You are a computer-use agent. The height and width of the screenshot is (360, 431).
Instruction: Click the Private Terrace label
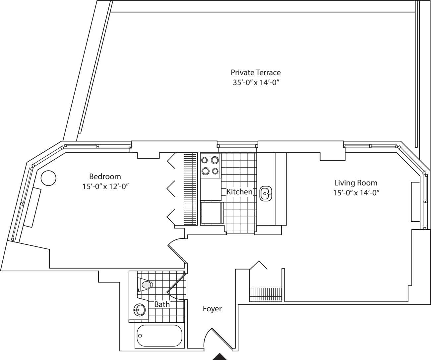pos(256,72)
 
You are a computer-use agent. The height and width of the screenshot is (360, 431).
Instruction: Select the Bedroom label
pos(105,176)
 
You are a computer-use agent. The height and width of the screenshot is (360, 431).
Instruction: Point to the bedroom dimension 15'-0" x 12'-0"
pos(105,186)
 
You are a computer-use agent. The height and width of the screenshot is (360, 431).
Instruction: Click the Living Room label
pos(355,182)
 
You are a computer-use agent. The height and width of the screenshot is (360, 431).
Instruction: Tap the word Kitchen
pos(239,192)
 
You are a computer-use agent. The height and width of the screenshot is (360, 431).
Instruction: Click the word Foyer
pos(212,309)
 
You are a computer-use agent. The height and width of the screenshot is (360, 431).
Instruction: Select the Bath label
pos(162,304)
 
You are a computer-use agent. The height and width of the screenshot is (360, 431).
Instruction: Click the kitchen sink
pos(266,194)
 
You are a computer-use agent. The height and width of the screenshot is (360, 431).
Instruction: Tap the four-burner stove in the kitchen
pos(211,166)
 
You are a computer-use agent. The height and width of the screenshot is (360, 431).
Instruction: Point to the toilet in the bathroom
pos(146,284)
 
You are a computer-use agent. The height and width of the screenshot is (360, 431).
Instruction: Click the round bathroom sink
pos(140,310)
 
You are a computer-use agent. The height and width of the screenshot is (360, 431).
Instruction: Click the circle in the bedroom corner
pos(48,178)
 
